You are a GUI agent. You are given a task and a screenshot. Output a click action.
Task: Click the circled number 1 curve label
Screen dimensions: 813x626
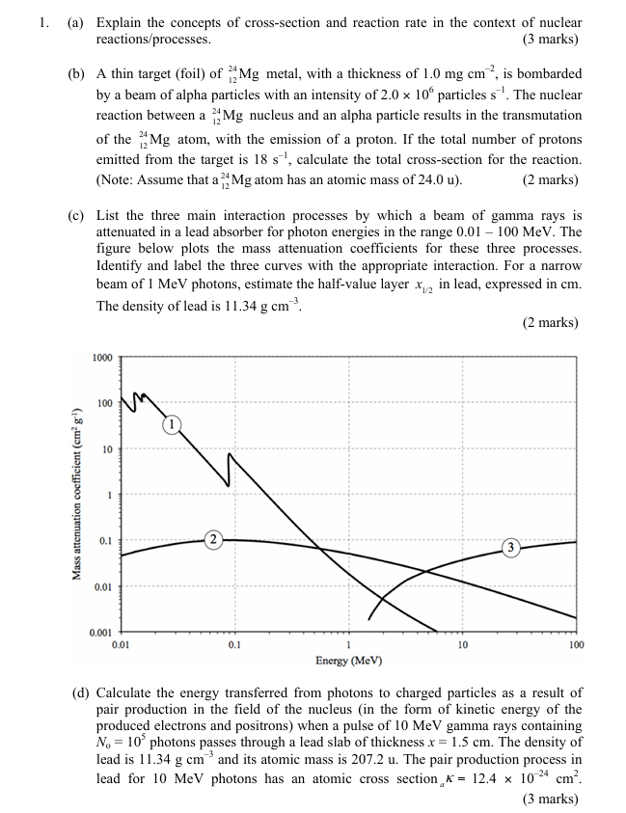tap(171, 423)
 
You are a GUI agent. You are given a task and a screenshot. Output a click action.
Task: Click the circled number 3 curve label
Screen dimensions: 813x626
tap(511, 548)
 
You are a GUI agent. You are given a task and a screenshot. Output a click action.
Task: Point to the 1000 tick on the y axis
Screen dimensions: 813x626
tap(102, 358)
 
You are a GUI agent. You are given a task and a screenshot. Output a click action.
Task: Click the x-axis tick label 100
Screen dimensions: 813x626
tap(576, 644)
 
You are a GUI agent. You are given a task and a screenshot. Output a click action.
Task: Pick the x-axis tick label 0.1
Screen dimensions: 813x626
tap(233, 644)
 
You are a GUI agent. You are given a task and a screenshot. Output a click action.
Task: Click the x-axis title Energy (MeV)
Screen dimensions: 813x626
tap(348, 662)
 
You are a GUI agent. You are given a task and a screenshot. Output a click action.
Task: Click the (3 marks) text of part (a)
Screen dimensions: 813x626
tap(550, 40)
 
